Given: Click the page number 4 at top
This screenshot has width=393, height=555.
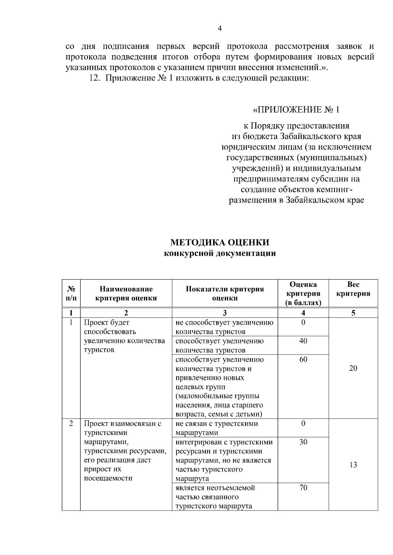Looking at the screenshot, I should (220, 29).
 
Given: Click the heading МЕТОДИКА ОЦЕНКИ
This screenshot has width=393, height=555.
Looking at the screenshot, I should (220, 242).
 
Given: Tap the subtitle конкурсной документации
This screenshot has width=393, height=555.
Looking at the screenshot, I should (220, 253).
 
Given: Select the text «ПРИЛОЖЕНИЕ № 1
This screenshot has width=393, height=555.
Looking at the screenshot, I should (296, 110).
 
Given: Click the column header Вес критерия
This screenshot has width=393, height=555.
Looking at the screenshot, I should (353, 289).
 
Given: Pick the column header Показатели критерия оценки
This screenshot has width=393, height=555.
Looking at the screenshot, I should (225, 293).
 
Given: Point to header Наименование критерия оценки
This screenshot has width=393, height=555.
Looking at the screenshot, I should (126, 293).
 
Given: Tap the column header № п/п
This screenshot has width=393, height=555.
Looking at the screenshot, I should (71, 293).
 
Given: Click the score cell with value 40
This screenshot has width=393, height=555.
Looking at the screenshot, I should (303, 341).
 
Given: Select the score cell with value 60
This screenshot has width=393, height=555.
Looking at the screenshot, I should (303, 359).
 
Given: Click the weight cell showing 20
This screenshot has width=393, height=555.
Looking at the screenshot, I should (353, 368).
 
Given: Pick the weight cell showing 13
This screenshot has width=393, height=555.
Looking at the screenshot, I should (353, 465).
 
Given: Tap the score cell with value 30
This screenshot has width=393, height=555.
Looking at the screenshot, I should (303, 442).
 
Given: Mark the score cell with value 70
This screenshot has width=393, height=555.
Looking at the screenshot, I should (303, 488).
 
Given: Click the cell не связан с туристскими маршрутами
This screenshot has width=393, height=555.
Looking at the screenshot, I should (216, 428).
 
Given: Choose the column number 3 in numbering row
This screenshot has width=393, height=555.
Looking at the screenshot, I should (225, 313).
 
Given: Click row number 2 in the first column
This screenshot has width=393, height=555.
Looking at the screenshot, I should (71, 424).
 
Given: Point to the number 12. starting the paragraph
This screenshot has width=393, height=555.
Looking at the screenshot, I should (94, 78).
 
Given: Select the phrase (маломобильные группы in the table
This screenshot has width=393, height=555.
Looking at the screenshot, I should (217, 396).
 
